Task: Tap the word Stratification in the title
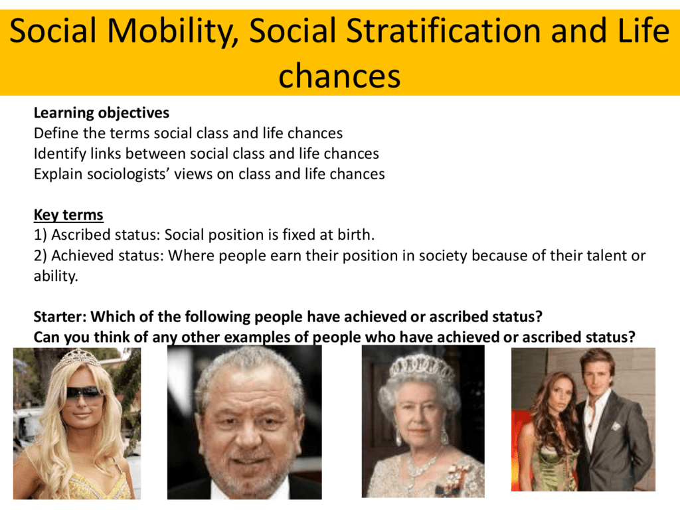pos(445,31)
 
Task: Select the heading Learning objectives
pos(102,113)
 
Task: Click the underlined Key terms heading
pos(68,214)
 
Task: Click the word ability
pos(56,276)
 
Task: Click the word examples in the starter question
pos(258,337)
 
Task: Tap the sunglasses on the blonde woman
pos(84,394)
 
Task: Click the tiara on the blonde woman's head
pos(76,359)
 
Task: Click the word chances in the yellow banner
pos(339,76)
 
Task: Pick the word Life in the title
pos(643,31)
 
